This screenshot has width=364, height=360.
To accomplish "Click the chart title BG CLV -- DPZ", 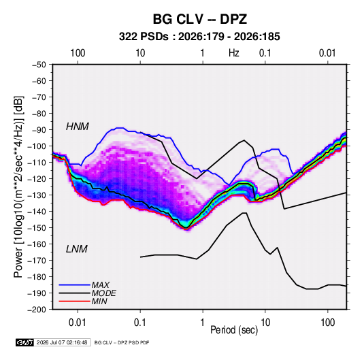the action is pyautogui.click(x=199, y=19).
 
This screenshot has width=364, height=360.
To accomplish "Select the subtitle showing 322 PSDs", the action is pyautogui.click(x=199, y=37).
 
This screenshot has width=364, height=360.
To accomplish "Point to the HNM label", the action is pyautogui.click(x=78, y=127).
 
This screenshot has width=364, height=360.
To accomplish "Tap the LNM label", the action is pyautogui.click(x=77, y=249).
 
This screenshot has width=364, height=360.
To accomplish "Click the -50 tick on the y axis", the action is pyautogui.click(x=39, y=65).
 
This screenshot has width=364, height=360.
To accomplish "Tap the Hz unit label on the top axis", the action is pyautogui.click(x=234, y=53).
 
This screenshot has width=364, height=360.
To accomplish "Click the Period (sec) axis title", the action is pyautogui.click(x=234, y=329).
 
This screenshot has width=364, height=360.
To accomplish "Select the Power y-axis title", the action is pyautogui.click(x=18, y=187).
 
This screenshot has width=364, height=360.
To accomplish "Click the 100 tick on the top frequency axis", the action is pyautogui.click(x=78, y=53).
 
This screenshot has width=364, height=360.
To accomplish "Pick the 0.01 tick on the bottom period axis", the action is pyautogui.click(x=78, y=323).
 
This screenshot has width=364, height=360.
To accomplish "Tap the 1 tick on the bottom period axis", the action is pyautogui.click(x=203, y=323).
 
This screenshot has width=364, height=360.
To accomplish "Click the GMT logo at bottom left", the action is pyautogui.click(x=25, y=342).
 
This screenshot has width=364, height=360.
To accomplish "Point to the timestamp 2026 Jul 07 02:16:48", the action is pyautogui.click(x=62, y=342).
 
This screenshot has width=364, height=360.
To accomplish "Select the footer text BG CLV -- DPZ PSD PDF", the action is pyautogui.click(x=122, y=342).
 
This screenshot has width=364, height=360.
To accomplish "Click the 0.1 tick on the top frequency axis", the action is pyautogui.click(x=265, y=53).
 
